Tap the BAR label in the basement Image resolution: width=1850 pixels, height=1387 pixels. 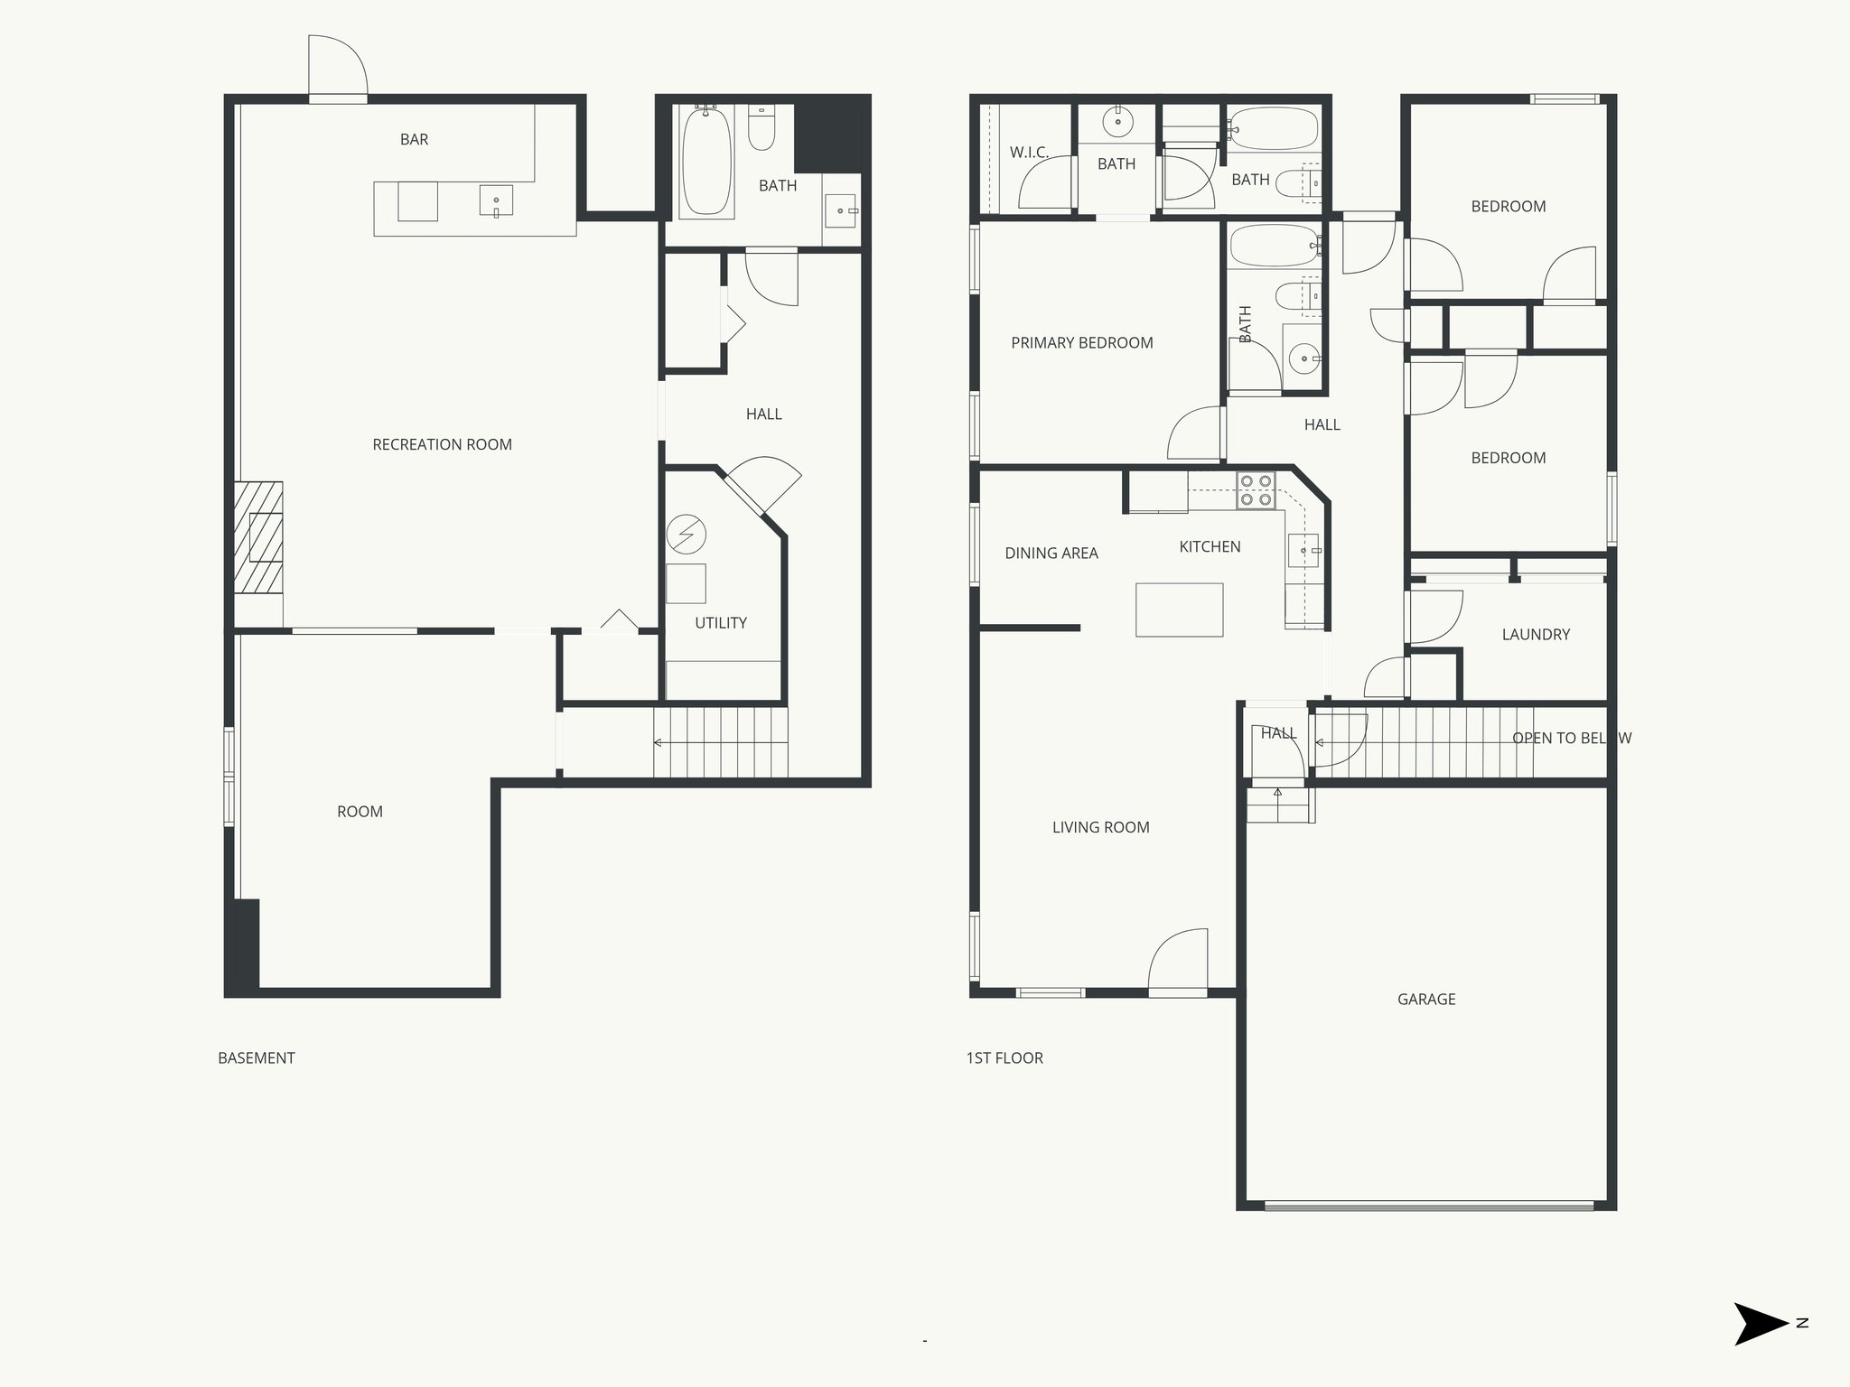point(414,139)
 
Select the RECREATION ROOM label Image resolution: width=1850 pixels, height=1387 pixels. point(442,444)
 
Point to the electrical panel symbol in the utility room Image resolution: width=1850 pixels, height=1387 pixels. point(686,535)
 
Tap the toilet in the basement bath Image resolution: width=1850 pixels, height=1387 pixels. point(761,128)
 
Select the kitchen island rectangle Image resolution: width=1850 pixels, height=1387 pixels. point(1179,610)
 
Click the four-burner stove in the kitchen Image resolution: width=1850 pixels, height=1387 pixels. point(1256,490)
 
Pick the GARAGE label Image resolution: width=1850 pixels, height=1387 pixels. point(1426,1000)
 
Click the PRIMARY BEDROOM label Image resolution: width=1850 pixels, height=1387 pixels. point(1081,343)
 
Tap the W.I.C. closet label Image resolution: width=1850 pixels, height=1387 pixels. point(1029,153)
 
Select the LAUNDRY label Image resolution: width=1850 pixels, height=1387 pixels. point(1536,635)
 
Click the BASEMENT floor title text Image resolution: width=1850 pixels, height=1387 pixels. point(257,1058)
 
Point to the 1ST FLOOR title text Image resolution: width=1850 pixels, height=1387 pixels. point(1004,1058)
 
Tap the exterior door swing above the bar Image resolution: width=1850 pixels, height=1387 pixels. point(337,67)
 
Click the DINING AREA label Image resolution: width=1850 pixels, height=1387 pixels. point(1051,554)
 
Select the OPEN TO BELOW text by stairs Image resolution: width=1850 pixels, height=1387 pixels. point(1571,738)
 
